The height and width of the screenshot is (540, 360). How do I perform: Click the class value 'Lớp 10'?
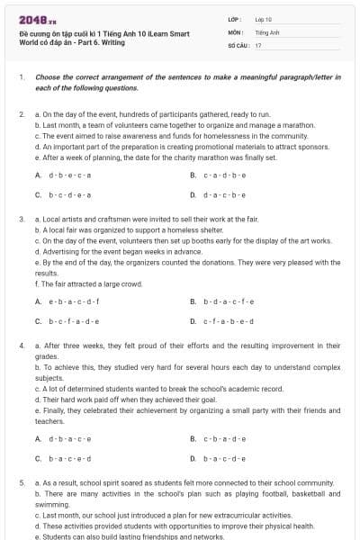(264, 18)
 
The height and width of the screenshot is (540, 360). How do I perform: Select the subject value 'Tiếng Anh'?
(267, 31)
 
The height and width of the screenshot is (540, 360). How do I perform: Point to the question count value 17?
(258, 44)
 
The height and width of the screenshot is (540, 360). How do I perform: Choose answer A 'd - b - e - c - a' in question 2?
(68, 175)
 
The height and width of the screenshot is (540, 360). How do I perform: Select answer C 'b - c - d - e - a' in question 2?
(68, 193)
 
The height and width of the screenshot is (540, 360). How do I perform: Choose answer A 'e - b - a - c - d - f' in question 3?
(73, 301)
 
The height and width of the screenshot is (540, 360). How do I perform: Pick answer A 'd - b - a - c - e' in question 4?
(68, 438)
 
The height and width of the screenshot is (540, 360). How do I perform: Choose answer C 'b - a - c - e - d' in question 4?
(68, 457)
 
